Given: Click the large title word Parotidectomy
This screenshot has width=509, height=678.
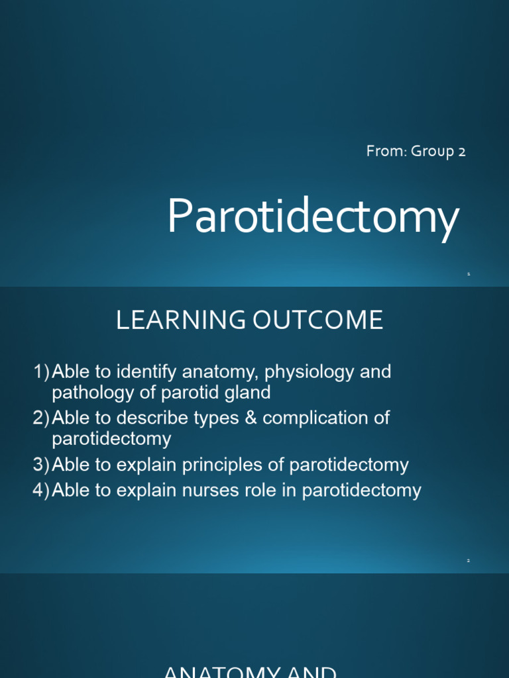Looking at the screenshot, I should [x=313, y=218].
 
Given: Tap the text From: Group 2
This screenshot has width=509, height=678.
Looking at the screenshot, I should [x=416, y=152].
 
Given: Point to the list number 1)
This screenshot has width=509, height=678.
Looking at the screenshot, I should [x=42, y=372].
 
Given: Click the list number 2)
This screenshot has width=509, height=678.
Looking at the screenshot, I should [x=42, y=418].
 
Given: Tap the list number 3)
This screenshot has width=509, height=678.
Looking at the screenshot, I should [x=42, y=465].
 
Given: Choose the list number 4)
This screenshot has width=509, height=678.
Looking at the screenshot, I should [x=42, y=491].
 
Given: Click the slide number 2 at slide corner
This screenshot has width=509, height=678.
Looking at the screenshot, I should [x=468, y=561].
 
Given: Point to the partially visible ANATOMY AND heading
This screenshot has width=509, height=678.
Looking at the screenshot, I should [x=251, y=671].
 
